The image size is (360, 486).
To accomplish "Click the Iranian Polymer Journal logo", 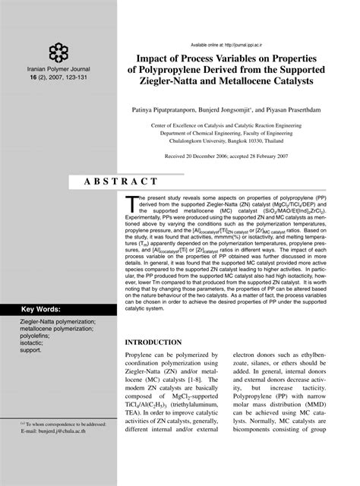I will tap(58, 52).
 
